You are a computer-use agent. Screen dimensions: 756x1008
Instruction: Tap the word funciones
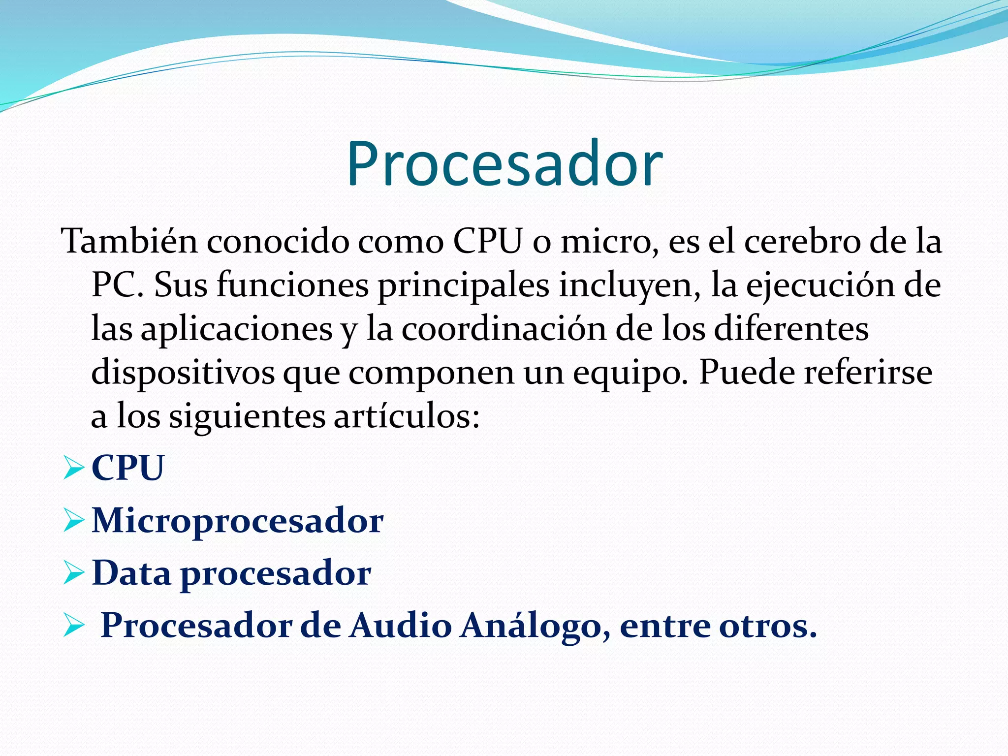(293, 285)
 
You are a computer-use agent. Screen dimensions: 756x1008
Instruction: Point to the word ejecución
(820, 285)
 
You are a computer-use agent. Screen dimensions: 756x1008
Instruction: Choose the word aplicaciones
(237, 329)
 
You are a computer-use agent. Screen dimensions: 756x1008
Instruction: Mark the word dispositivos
(183, 373)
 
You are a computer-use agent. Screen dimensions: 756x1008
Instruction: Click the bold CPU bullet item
(128, 467)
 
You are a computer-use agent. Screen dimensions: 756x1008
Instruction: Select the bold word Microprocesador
(238, 520)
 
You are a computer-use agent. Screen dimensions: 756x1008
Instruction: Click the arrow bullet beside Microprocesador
(74, 521)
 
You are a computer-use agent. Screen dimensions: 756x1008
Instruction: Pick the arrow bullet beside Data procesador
(74, 574)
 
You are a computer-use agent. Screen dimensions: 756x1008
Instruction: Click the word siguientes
(247, 416)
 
